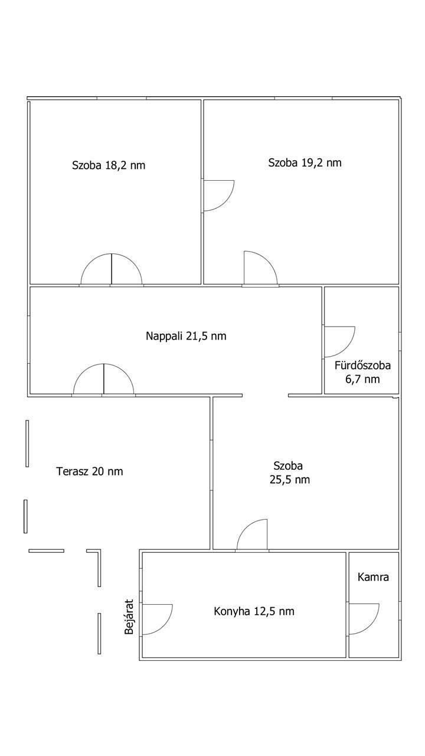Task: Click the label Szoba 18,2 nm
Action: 109,165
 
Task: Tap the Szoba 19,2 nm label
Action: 305,162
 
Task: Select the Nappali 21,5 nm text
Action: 186,336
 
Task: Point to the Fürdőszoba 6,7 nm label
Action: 362,372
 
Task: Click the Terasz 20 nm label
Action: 89,471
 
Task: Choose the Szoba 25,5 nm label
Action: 289,472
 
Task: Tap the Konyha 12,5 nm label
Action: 254,611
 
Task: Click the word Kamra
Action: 373,577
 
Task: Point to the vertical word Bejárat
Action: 129,617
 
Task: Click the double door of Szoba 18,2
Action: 112,269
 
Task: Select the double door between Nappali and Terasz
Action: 104,379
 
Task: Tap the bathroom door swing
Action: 339,341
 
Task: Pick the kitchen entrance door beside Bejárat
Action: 156,620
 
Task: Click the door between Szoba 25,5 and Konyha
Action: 252,536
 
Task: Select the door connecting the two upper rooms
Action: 218,195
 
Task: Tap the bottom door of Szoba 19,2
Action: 260,269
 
